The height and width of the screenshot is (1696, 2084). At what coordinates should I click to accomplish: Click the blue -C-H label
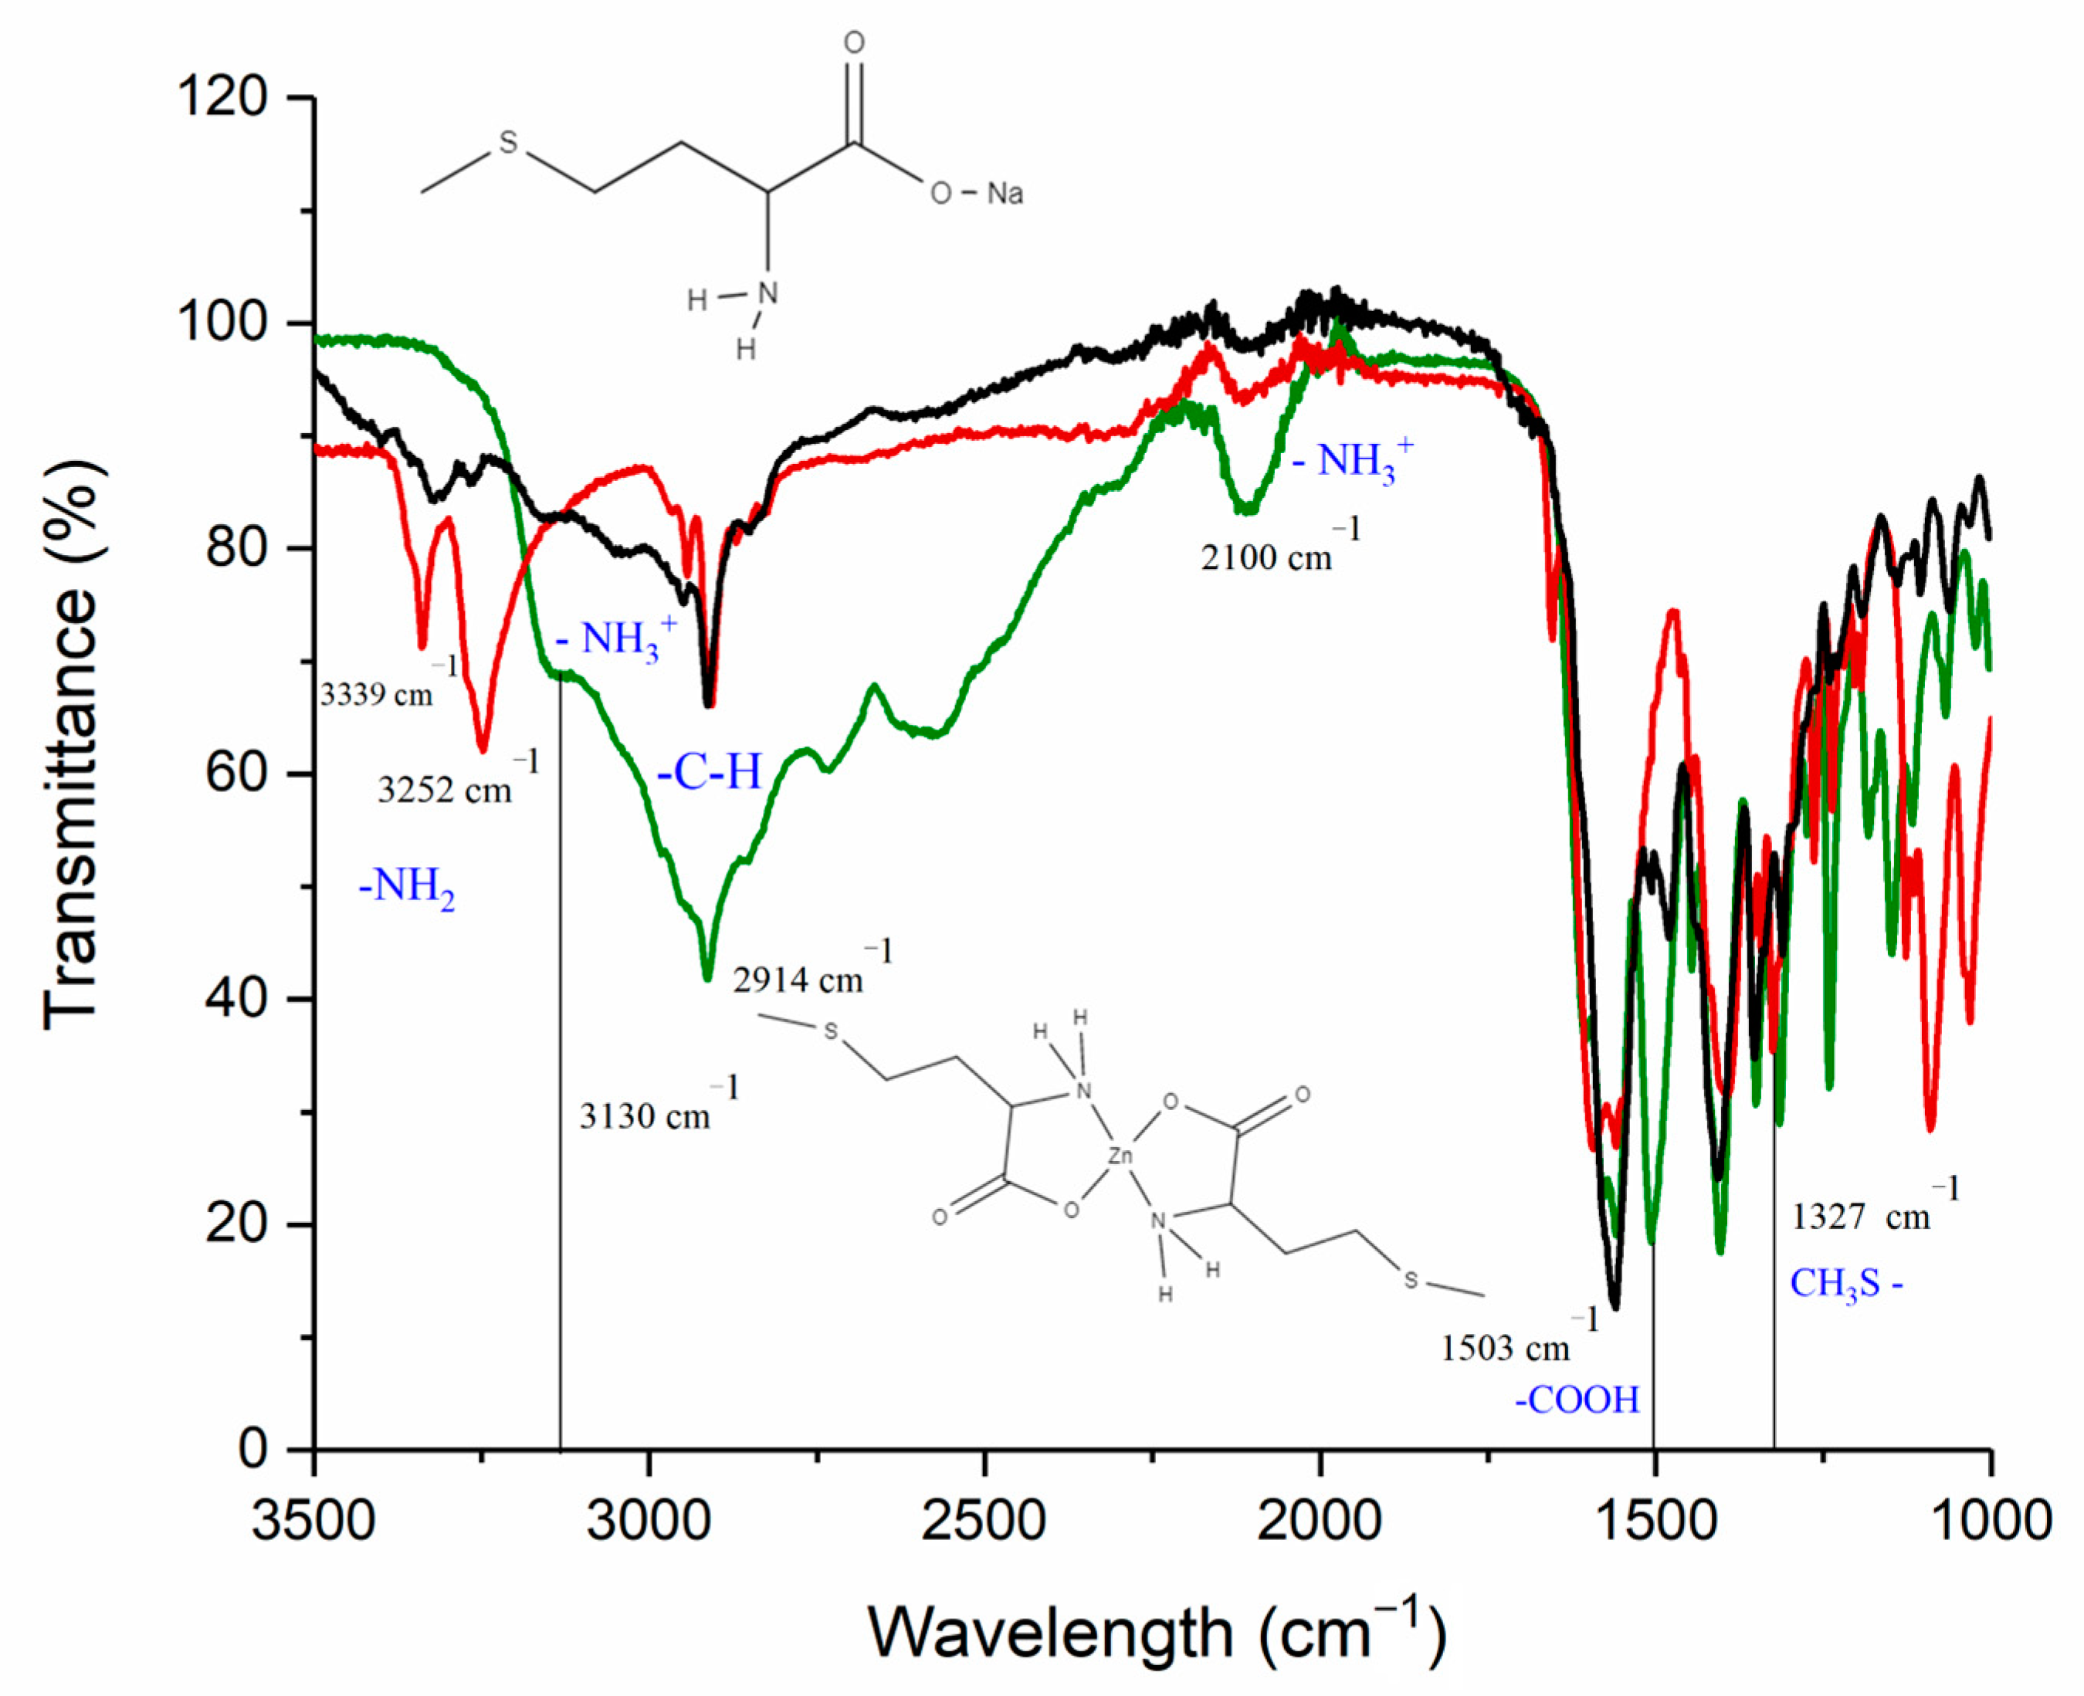(x=708, y=772)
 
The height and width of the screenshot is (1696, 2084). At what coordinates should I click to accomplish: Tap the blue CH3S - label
(x=1845, y=1284)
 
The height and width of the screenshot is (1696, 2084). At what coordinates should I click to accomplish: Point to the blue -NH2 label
(x=406, y=886)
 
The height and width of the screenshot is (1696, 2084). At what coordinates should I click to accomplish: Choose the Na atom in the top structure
(x=1005, y=194)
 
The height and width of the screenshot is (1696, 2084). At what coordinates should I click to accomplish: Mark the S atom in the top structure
(x=508, y=144)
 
